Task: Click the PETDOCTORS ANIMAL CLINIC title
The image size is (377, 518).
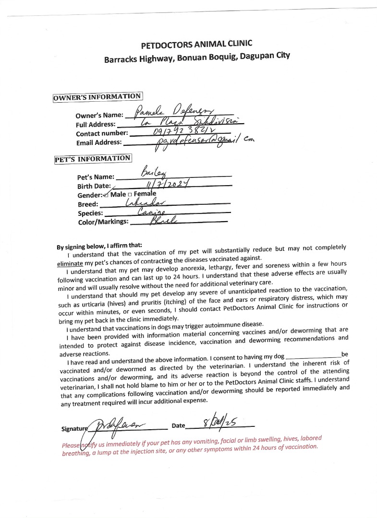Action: tap(196, 45)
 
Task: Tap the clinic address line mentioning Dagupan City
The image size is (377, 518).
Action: tap(197, 59)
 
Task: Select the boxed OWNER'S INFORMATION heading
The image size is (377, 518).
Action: tap(97, 97)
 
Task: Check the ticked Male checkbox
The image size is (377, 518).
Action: tap(106, 195)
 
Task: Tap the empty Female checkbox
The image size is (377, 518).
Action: tap(130, 195)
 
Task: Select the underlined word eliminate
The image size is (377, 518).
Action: tap(70, 263)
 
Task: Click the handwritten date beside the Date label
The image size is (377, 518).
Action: tap(225, 424)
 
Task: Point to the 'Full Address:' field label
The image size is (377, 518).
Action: tap(96, 125)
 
